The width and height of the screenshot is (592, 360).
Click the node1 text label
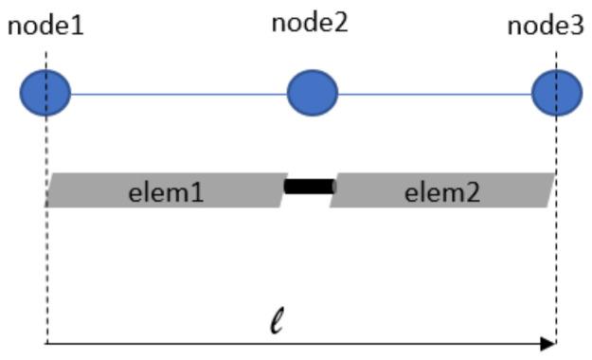pyautogui.click(x=45, y=26)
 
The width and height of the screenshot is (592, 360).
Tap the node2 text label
pyautogui.click(x=310, y=23)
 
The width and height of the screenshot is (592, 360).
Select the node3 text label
pyautogui.click(x=546, y=26)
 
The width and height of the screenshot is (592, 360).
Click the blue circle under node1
pyautogui.click(x=45, y=94)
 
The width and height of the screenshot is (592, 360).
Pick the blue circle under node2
pyautogui.click(x=313, y=93)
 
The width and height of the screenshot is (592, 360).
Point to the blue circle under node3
pyautogui.click(x=556, y=94)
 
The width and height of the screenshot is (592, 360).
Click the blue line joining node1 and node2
pyautogui.click(x=180, y=94)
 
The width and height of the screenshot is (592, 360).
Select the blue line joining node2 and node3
pyautogui.click(x=434, y=94)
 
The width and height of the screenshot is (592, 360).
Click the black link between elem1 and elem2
pyautogui.click(x=310, y=186)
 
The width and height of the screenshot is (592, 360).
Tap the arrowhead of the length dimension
pyautogui.click(x=547, y=344)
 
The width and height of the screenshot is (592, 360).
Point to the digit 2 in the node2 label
pyautogui.click(x=340, y=23)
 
